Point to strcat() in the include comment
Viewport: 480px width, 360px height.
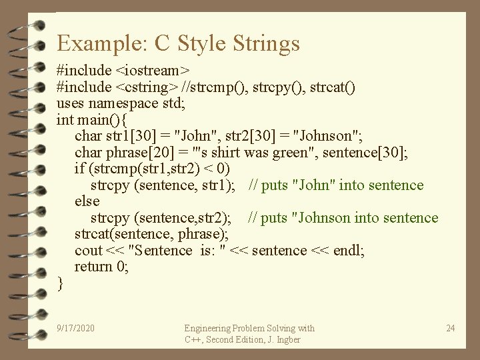pyautogui.click(x=331, y=87)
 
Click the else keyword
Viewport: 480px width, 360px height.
pyautogui.click(x=87, y=201)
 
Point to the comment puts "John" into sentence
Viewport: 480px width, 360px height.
pyautogui.click(x=336, y=185)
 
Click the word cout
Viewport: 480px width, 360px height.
pyautogui.click(x=88, y=251)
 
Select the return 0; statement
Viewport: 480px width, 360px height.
pyautogui.click(x=101, y=267)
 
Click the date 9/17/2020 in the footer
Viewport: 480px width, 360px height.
pyautogui.click(x=76, y=328)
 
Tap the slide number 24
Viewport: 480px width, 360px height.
pyautogui.click(x=451, y=328)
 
